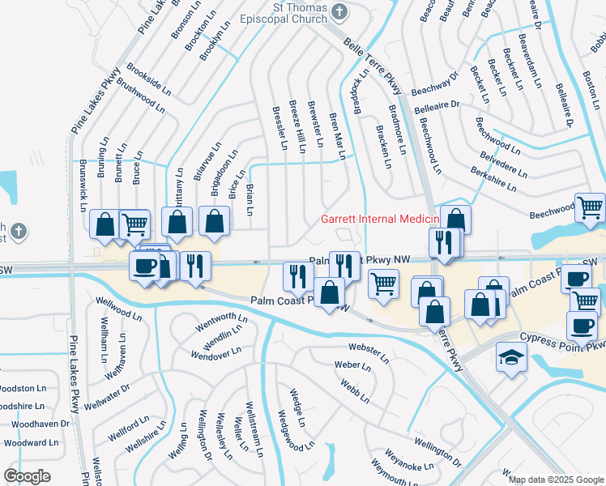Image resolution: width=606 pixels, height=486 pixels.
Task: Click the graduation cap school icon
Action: point(511,357)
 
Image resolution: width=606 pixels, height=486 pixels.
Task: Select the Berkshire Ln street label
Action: point(493,179)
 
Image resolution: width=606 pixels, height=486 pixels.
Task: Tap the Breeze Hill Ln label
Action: point(297,127)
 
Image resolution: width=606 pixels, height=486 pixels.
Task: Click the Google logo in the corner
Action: point(28,475)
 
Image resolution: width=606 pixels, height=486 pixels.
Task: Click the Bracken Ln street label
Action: point(385,147)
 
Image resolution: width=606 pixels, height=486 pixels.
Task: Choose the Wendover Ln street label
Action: point(216,353)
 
